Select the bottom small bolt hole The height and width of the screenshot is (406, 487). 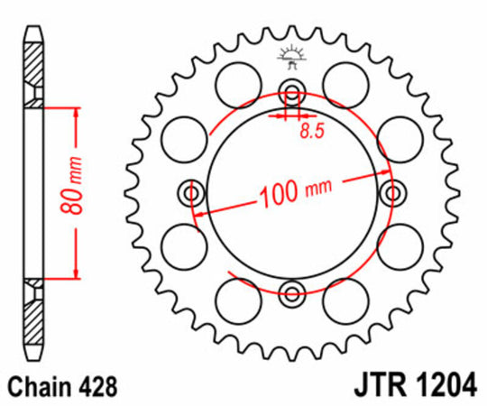290,291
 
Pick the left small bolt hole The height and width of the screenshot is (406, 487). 190,191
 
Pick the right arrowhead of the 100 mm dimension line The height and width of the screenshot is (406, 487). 377,176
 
